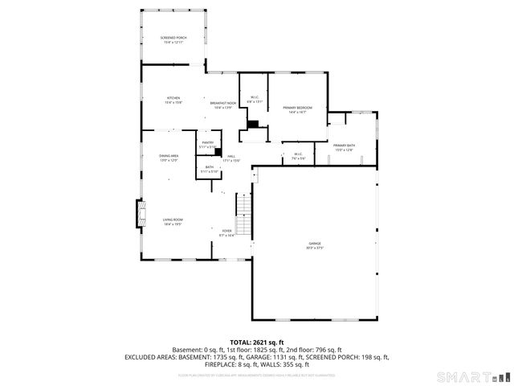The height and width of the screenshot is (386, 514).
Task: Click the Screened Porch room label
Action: point(173,39)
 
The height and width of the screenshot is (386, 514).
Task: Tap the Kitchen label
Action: point(173,100)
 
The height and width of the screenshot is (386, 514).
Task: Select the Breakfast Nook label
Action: point(223,105)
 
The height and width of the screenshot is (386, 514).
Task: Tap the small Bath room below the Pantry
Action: point(208,169)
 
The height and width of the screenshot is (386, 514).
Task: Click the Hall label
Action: point(230,158)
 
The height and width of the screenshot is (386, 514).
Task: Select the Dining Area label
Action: point(169,158)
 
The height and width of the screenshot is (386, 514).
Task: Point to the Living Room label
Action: point(173,222)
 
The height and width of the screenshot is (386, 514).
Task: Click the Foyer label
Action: point(227,233)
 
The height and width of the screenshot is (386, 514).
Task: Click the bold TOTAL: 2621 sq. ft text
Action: point(256,342)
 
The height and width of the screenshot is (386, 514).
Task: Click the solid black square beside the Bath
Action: point(218,151)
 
